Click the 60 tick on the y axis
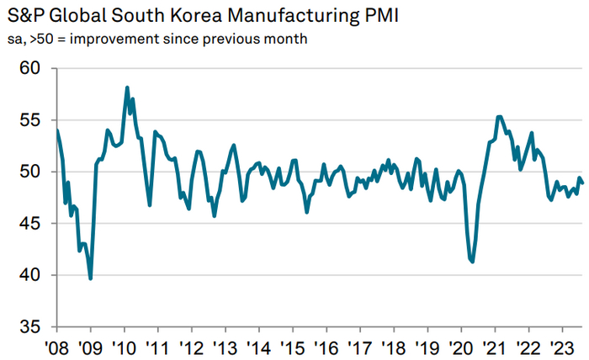30,68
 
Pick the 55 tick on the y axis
30,120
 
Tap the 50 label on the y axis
30,172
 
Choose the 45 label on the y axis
30,224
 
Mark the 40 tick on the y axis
30,275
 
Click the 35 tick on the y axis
30,327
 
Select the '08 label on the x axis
56,347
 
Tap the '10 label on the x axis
124,347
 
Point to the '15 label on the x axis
292,347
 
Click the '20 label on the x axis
460,347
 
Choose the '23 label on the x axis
560,347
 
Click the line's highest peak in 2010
127,87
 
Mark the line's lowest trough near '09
90,278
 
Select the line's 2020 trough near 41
472,262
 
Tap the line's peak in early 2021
500,117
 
